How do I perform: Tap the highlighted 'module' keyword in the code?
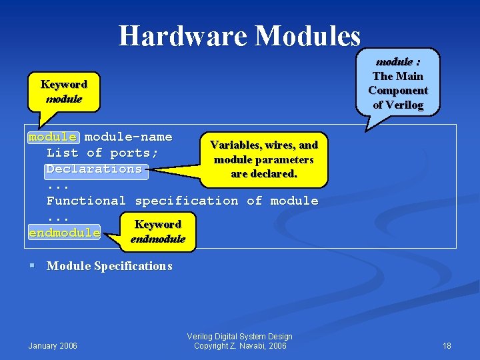(x=53, y=137)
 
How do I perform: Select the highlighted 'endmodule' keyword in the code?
(x=64, y=233)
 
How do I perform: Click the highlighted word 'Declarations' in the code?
(x=94, y=169)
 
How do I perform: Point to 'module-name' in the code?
(x=128, y=137)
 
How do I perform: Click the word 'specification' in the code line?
(x=186, y=201)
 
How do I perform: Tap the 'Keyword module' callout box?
(x=63, y=91)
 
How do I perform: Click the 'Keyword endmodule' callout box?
(x=158, y=231)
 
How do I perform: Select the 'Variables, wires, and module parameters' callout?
(x=263, y=159)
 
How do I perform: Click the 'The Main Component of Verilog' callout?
(x=398, y=83)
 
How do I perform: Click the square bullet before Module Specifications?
(x=31, y=265)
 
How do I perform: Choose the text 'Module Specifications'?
(x=109, y=266)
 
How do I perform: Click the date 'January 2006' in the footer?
(x=53, y=345)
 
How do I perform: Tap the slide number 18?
(x=447, y=345)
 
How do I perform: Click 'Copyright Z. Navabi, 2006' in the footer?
(x=240, y=345)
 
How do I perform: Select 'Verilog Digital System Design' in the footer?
(x=240, y=336)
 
